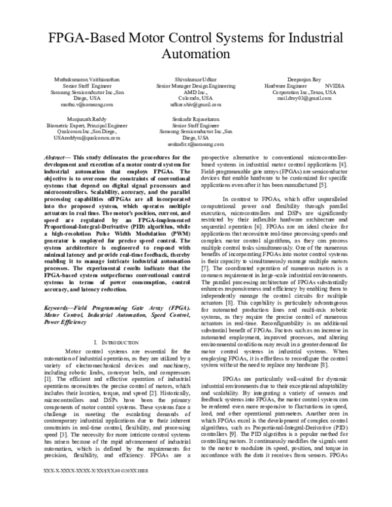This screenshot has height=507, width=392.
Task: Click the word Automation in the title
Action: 196,52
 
